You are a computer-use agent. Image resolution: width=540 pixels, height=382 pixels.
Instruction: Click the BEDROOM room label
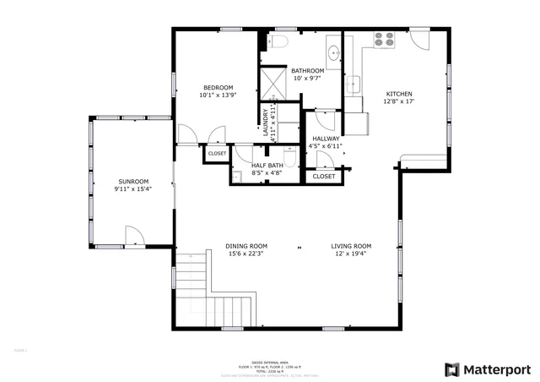(217, 87)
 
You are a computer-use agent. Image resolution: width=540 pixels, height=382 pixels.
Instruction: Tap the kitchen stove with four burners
(384, 38)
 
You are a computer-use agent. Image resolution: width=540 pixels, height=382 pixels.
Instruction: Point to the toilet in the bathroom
(280, 40)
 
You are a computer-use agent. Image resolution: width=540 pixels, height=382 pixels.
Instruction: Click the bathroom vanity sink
(331, 46)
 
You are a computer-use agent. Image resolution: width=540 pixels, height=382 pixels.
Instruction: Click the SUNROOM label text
(132, 181)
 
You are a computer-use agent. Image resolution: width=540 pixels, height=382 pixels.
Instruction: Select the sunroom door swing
(133, 236)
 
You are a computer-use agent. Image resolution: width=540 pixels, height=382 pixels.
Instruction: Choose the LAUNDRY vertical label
(266, 122)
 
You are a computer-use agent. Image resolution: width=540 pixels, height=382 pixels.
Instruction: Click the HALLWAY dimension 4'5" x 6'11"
(326, 146)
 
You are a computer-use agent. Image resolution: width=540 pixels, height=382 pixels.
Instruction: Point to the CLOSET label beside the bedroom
(217, 154)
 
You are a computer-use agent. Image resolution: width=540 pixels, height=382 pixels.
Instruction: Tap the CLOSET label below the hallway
(324, 177)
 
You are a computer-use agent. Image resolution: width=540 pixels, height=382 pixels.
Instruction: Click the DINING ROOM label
(246, 246)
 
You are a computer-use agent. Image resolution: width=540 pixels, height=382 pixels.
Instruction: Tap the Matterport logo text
(497, 369)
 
